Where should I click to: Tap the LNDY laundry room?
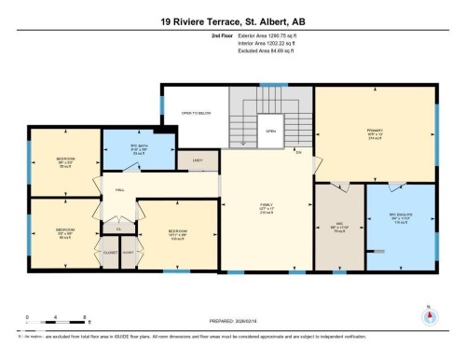click(198, 161)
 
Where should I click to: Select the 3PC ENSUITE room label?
click(400, 218)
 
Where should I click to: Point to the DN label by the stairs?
click(299, 152)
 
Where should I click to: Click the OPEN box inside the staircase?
click(270, 132)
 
